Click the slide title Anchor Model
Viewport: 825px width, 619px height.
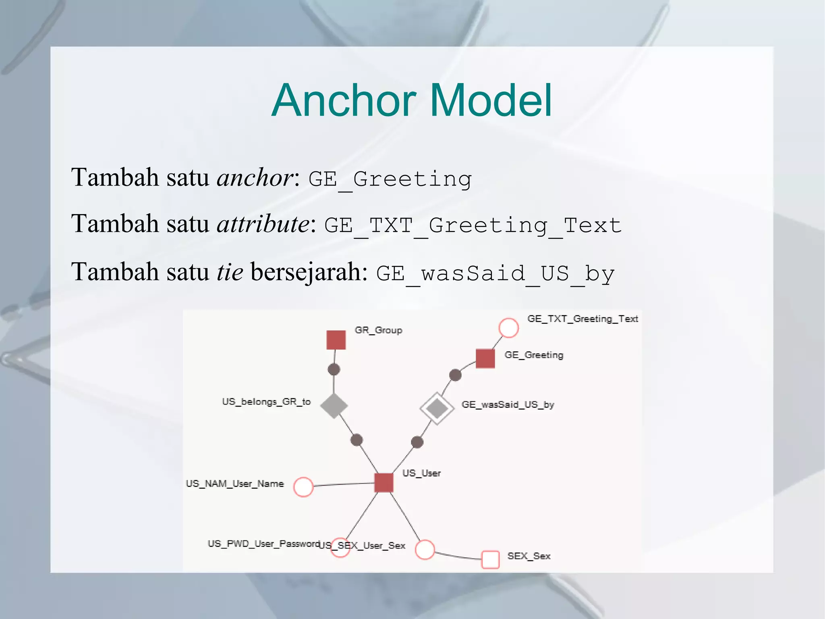pos(412,100)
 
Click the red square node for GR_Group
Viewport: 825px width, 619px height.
pos(336,340)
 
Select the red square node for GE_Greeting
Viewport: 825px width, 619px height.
pos(485,358)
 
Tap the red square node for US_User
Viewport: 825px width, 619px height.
pos(383,483)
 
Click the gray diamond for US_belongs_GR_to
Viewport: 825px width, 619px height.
pos(334,406)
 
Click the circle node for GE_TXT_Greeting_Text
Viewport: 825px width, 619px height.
pos(508,327)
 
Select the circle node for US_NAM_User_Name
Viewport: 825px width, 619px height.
pos(303,487)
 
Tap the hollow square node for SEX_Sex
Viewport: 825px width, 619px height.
pos(490,559)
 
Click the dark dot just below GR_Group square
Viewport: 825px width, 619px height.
pos(334,369)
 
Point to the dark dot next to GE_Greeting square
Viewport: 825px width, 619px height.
pos(455,375)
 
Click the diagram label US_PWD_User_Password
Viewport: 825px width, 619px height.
pos(263,544)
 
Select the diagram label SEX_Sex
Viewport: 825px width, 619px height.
pos(529,556)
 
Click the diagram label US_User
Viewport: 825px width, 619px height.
pos(421,473)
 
